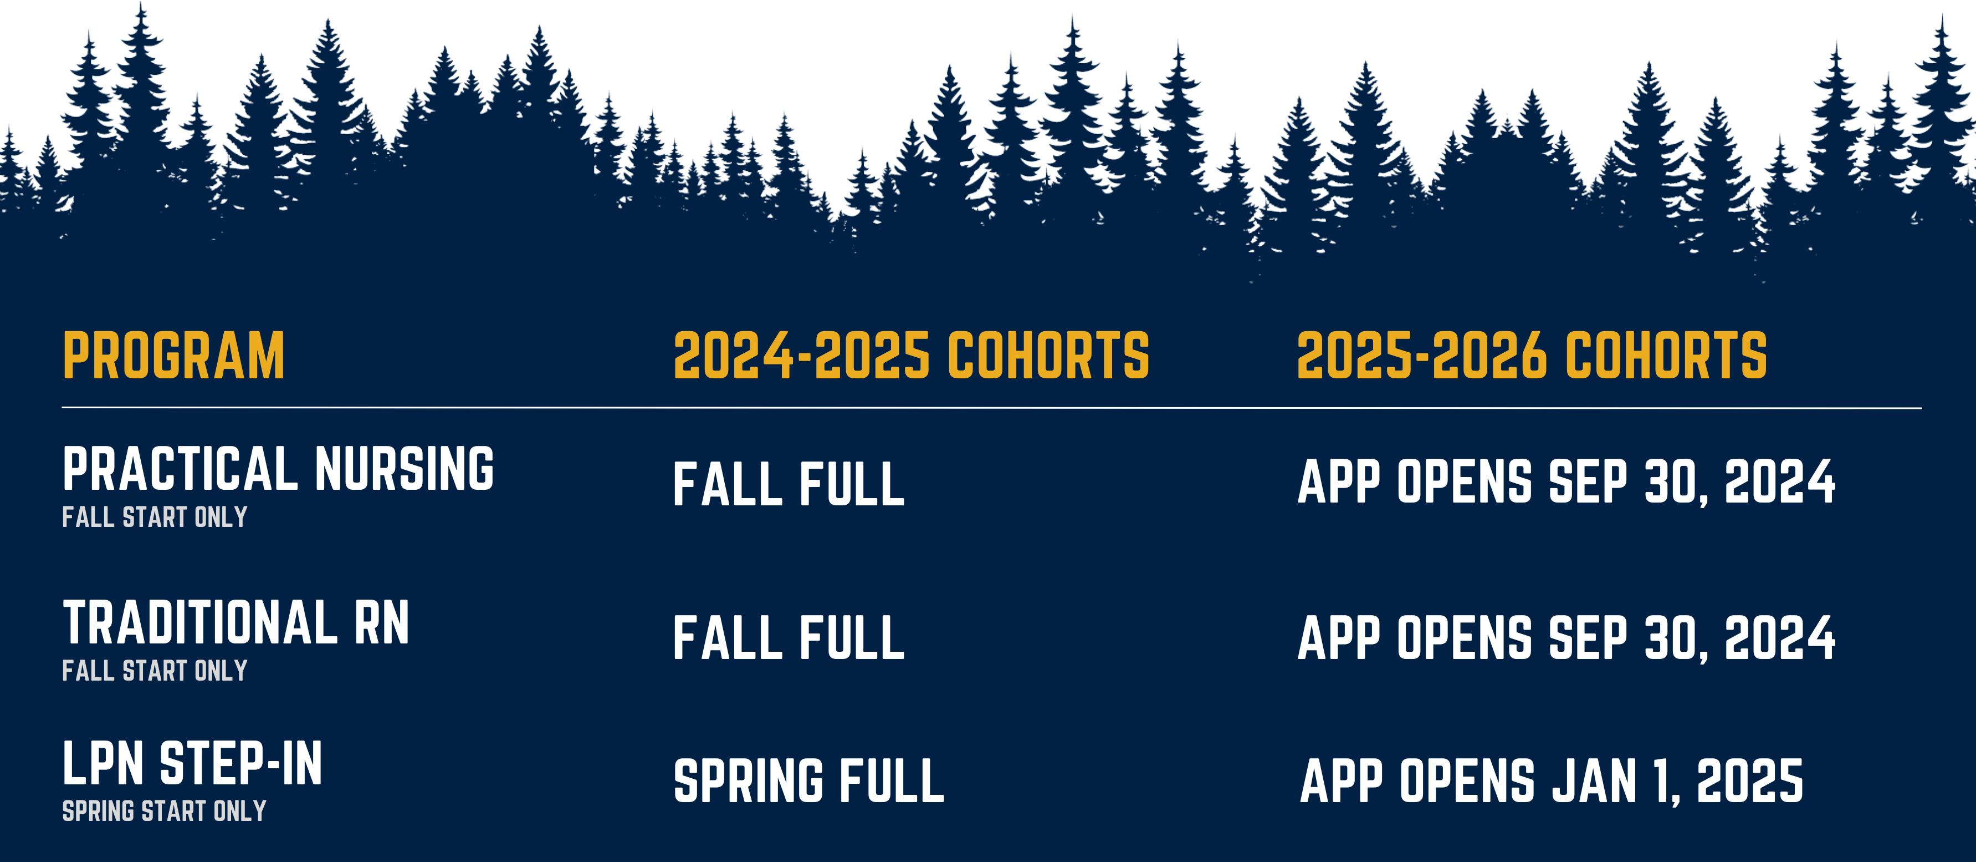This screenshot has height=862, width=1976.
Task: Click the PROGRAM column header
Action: click(x=173, y=356)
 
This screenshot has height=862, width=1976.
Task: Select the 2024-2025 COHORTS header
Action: click(x=912, y=356)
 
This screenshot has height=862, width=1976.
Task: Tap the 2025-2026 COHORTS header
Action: click(x=1531, y=356)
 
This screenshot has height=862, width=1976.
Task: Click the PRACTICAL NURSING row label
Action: click(x=279, y=468)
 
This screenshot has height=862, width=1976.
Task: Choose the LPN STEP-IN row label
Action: click(x=192, y=764)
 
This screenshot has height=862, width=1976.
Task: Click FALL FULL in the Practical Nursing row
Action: click(x=789, y=484)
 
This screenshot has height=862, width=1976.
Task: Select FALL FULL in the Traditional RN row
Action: click(x=789, y=638)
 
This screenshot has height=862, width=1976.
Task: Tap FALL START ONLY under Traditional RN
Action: click(x=155, y=671)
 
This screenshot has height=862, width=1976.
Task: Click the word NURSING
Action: click(x=405, y=468)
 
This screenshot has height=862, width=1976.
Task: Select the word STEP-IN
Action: click(x=241, y=764)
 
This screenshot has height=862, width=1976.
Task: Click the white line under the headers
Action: click(x=992, y=408)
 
